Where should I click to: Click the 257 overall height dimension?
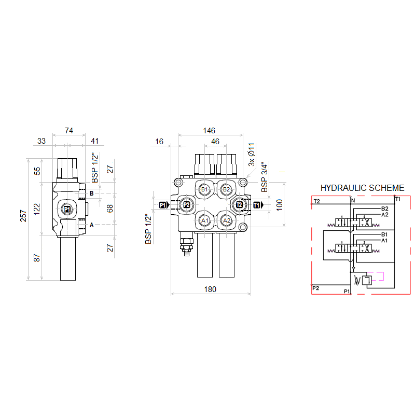23,216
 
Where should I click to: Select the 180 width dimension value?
210,289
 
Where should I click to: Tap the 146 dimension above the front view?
209,131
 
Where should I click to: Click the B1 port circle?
204,189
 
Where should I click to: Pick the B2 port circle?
226,189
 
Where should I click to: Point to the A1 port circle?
204,220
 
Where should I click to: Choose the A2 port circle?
227,220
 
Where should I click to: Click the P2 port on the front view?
187,205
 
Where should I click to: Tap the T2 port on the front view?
239,205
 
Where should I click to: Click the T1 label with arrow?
258,205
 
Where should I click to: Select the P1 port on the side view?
67,210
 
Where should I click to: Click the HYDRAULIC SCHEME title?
362,188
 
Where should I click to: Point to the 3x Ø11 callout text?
252,155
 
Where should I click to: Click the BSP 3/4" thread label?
265,177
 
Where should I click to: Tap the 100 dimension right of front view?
279,205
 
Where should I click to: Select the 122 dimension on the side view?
37,209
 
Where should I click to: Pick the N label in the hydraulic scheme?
353,201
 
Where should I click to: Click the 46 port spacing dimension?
215,142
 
